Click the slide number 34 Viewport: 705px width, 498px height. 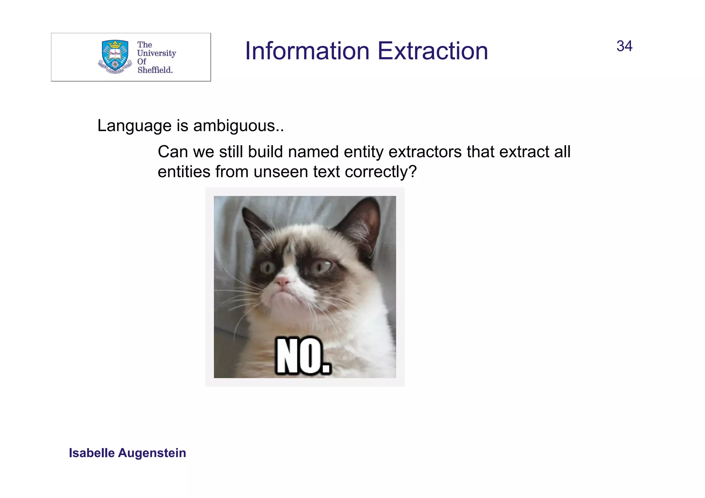click(x=624, y=46)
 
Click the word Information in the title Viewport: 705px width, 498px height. click(x=307, y=51)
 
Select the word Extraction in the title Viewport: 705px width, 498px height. click(x=433, y=51)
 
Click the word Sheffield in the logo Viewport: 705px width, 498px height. click(x=155, y=70)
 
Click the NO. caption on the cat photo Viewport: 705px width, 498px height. click(x=303, y=356)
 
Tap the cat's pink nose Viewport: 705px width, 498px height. click(x=283, y=282)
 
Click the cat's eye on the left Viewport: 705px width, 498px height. click(x=267, y=267)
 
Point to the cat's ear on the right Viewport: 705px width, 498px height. click(x=363, y=224)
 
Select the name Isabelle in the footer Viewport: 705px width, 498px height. click(x=92, y=453)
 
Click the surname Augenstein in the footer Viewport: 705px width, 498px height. click(x=152, y=453)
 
